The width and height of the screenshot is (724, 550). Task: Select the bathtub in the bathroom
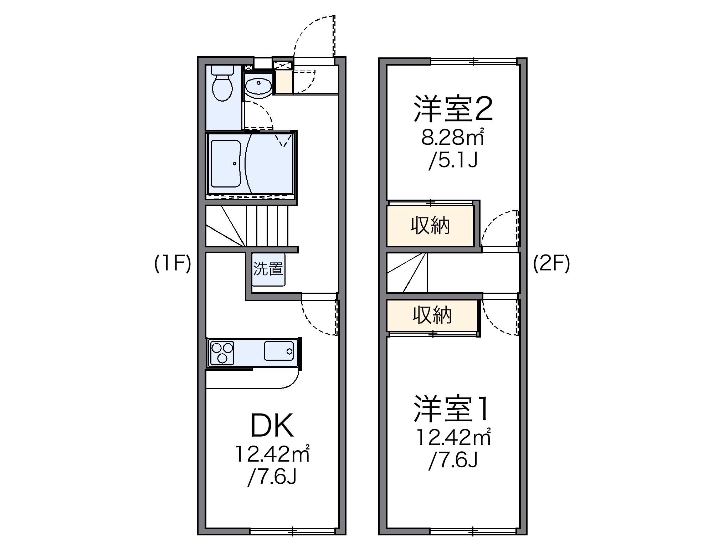tap(226, 164)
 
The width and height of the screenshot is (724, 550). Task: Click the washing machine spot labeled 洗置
tap(268, 269)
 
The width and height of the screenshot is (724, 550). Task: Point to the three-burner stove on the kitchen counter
tap(222, 353)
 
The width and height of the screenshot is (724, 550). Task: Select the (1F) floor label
tap(173, 264)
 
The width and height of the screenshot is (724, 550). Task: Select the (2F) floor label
tap(551, 264)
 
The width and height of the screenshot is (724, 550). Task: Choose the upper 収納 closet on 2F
tap(430, 226)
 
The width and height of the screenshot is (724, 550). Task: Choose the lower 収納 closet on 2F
tap(432, 315)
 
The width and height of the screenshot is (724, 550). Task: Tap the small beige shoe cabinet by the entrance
tap(284, 82)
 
